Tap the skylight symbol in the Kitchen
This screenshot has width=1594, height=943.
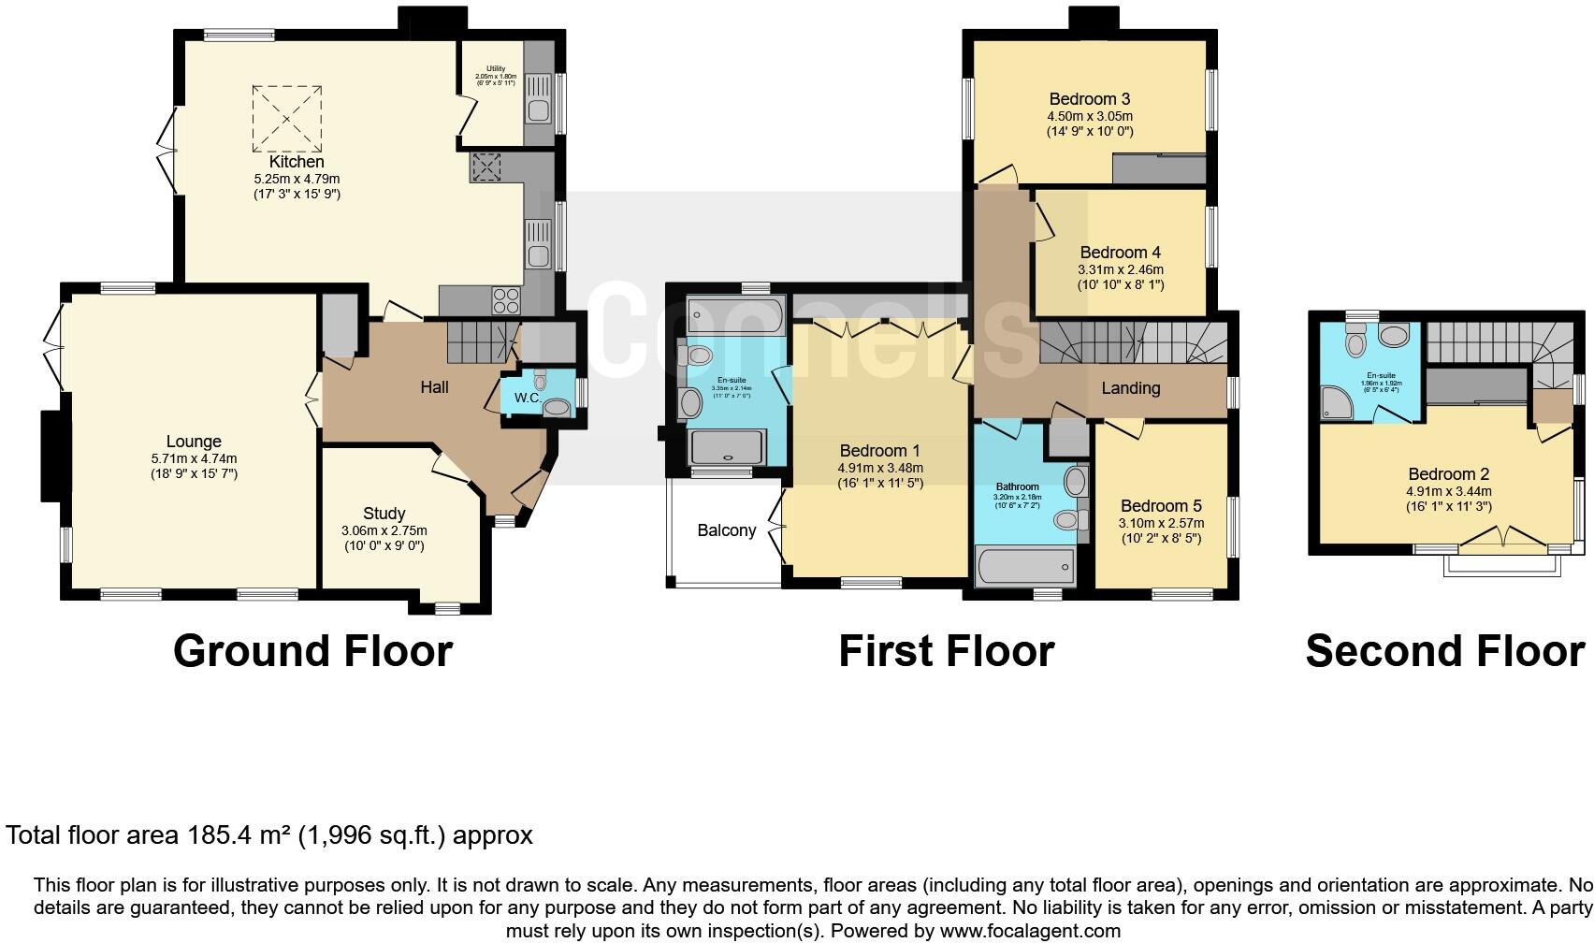(287, 119)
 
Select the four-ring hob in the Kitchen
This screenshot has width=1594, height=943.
(506, 300)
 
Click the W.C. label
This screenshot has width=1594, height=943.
(528, 398)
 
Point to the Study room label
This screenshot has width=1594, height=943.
(384, 513)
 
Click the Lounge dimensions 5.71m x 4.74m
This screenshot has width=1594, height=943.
(194, 458)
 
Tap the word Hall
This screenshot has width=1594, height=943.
(434, 386)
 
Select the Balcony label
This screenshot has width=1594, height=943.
(726, 530)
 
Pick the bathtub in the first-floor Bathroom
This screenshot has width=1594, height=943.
(1025, 565)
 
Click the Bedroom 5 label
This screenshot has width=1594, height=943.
(1161, 506)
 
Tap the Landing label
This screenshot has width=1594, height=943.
(1130, 387)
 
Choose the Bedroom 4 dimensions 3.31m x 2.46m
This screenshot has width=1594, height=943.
(1121, 269)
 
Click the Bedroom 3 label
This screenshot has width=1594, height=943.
(1090, 98)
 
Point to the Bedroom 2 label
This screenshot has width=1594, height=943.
(1448, 474)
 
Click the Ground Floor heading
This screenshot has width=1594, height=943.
(312, 651)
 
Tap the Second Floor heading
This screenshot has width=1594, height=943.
(1444, 651)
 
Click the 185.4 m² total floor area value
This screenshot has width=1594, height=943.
(236, 834)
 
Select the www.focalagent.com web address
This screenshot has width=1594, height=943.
(1029, 931)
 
